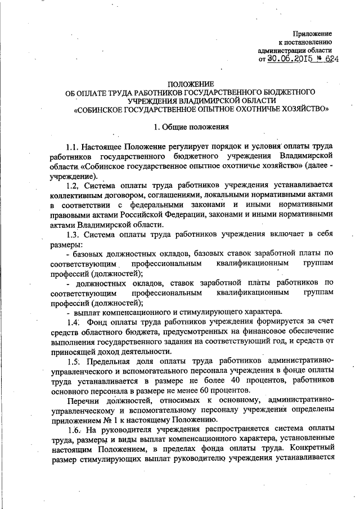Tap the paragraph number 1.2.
[74, 185]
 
